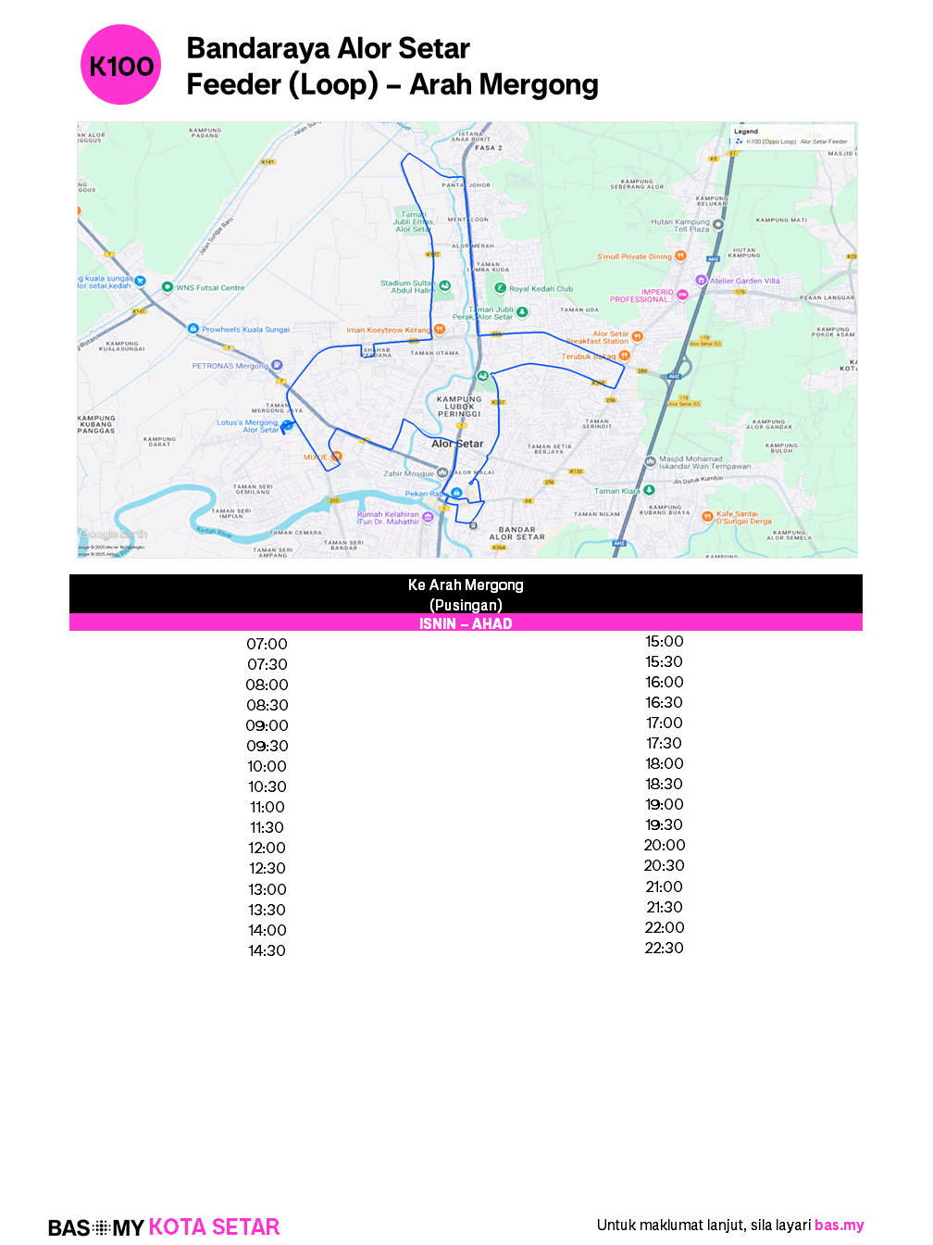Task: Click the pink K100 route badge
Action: (x=121, y=65)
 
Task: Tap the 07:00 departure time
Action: (x=267, y=644)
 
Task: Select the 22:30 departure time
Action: (x=664, y=948)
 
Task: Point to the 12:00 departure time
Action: (x=267, y=848)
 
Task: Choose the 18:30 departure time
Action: (x=664, y=784)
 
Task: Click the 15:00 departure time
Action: (x=664, y=641)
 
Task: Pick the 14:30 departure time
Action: (x=267, y=950)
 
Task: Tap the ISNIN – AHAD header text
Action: (x=466, y=623)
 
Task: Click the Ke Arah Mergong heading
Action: (x=466, y=585)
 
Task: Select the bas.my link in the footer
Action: (x=839, y=1225)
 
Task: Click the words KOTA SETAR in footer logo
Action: (x=214, y=1227)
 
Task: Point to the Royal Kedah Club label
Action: (x=541, y=289)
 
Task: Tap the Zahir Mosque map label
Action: (x=409, y=473)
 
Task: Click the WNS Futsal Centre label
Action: (x=210, y=288)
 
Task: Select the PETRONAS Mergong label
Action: (x=230, y=366)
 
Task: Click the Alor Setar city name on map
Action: (x=457, y=444)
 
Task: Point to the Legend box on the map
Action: (x=792, y=136)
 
